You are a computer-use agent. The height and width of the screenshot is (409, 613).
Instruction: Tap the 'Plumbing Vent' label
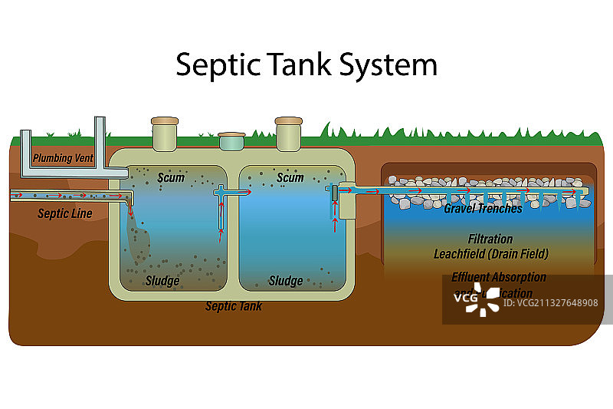tap(63, 159)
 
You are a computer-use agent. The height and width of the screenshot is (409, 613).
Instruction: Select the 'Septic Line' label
tap(65, 213)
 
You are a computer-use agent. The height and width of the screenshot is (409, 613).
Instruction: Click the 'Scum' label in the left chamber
tap(171, 177)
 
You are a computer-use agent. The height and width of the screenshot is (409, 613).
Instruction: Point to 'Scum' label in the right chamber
tap(290, 177)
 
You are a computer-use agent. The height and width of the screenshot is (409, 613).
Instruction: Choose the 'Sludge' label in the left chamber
tap(162, 280)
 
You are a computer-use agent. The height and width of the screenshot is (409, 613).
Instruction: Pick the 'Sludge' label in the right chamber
tap(285, 280)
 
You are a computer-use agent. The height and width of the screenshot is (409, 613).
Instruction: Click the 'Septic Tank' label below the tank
tap(233, 306)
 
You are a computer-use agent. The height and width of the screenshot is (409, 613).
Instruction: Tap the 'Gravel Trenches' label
tap(483, 208)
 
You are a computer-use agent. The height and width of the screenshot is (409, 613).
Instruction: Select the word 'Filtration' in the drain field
tap(490, 239)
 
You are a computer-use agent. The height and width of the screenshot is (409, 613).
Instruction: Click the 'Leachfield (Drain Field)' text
tap(490, 253)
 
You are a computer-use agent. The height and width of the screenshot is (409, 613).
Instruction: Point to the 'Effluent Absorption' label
tap(499, 277)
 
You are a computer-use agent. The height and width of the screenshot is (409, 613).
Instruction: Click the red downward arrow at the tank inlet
tap(130, 209)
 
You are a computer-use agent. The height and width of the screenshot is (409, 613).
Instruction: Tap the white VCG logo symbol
tap(481, 300)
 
